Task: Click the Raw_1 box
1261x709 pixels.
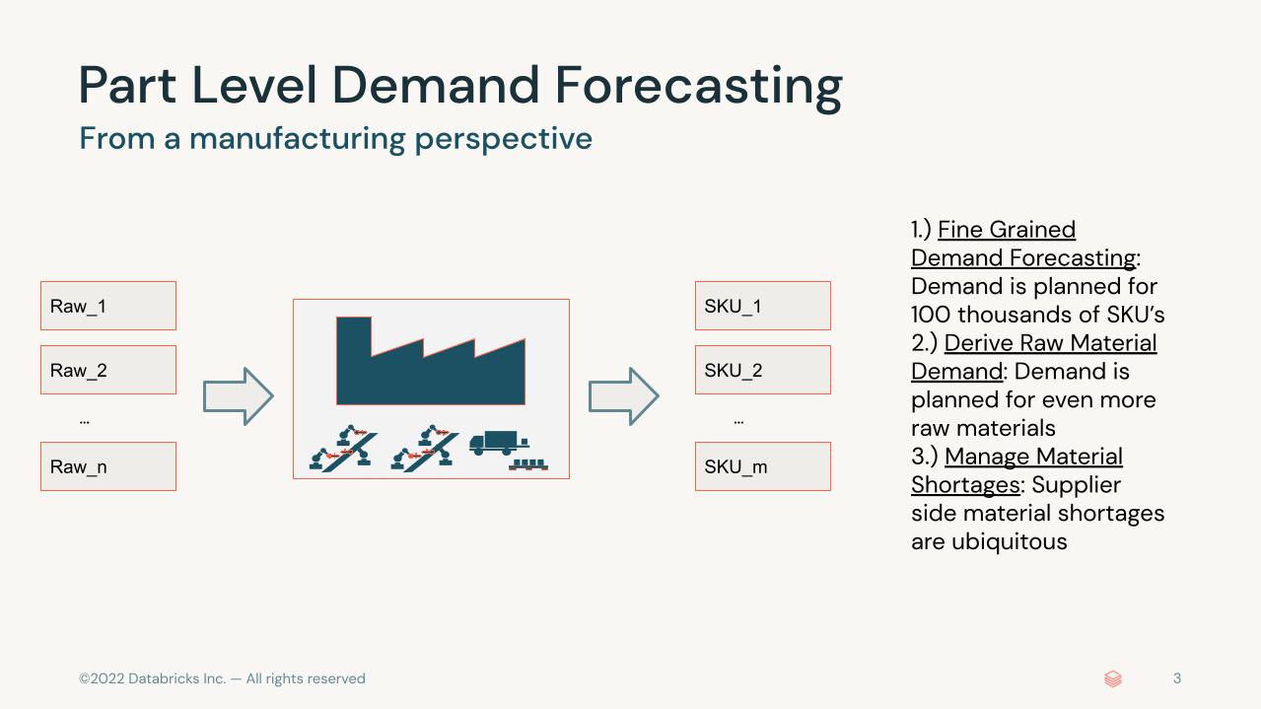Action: pyautogui.click(x=108, y=306)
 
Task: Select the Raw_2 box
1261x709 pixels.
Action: pyautogui.click(x=108, y=370)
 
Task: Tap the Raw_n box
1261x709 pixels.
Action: pyautogui.click(x=108, y=466)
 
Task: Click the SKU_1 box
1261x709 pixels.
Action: pyautogui.click(x=763, y=306)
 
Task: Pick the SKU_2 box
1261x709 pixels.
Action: pyautogui.click(x=763, y=370)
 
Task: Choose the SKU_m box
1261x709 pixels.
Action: pyautogui.click(x=763, y=466)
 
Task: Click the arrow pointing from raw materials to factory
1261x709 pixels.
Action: pyautogui.click(x=239, y=396)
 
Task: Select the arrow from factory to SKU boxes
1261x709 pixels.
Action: pyautogui.click(x=624, y=396)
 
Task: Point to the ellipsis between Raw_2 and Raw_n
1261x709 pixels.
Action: pyautogui.click(x=85, y=421)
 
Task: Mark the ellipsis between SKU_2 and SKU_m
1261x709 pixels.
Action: pyautogui.click(x=738, y=421)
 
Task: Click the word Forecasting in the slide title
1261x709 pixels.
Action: pyautogui.click(x=699, y=87)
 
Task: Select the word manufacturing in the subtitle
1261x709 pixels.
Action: pyautogui.click(x=297, y=138)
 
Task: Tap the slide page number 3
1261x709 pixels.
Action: pyautogui.click(x=1177, y=678)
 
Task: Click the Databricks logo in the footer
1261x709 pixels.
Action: pyautogui.click(x=1113, y=678)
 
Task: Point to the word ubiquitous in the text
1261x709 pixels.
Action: pyautogui.click(x=1010, y=541)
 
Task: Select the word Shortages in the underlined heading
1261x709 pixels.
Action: pyautogui.click(x=965, y=485)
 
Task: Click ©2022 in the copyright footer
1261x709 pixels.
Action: pyautogui.click(x=102, y=678)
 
